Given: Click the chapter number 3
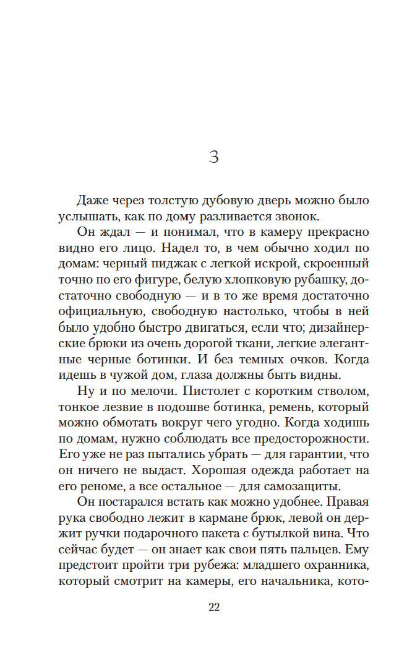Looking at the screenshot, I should tap(214, 157).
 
